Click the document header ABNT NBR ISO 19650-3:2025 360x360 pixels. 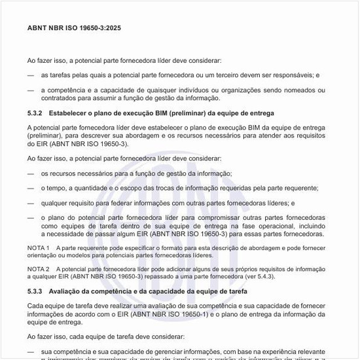(x=73, y=28)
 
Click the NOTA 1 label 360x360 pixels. (x=39, y=248)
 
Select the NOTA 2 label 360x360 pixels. (x=39, y=269)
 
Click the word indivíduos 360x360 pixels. (x=191, y=90)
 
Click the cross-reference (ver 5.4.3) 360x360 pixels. (x=276, y=276)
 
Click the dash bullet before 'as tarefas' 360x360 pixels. (x=31, y=75)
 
